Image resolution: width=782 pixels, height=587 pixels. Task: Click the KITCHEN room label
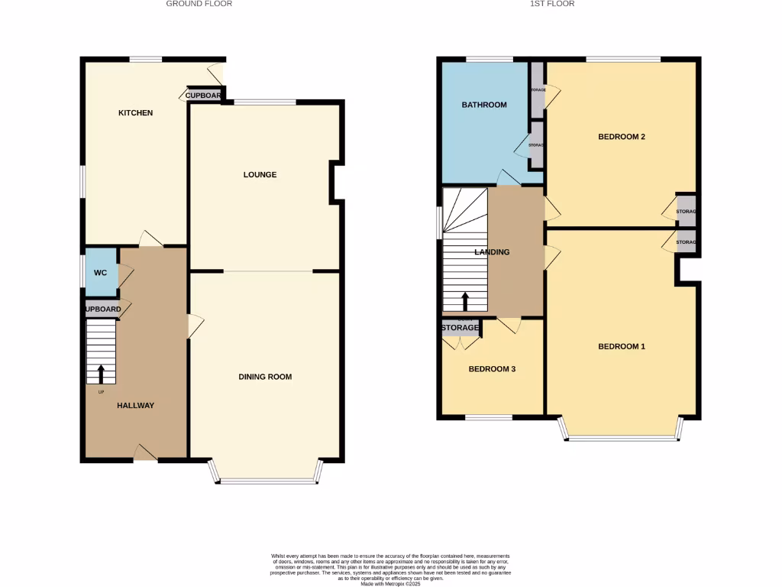coord(135,113)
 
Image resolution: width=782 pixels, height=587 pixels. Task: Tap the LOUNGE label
coord(260,175)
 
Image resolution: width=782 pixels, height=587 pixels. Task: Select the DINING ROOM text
coord(265,377)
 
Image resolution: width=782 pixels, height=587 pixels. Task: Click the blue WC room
coord(100,273)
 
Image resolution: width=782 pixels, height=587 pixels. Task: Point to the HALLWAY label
coord(135,406)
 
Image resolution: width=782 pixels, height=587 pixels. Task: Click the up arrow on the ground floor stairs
coord(101,374)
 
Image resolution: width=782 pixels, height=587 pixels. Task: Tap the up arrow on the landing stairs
coord(465,300)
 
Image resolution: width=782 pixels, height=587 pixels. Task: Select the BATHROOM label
coord(483,105)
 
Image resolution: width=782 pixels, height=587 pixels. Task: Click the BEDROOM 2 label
coord(621,138)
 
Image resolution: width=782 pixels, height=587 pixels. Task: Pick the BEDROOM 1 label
coord(621,347)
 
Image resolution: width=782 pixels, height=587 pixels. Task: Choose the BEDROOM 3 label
coord(491,369)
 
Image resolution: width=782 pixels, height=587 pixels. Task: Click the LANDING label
coord(491,252)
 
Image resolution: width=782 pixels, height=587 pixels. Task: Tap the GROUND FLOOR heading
coord(199,4)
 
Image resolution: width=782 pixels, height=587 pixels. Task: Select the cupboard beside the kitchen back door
coord(203,96)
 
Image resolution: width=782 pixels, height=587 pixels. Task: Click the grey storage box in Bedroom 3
coord(460,328)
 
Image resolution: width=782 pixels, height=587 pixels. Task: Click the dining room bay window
coord(267,480)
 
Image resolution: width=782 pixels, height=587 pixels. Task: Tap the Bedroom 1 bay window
coord(621,438)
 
